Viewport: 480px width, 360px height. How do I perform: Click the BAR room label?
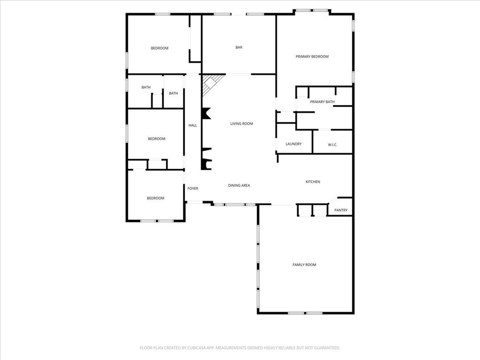pyautogui.click(x=239, y=47)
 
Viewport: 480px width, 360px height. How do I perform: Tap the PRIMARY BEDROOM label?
pyautogui.click(x=312, y=56)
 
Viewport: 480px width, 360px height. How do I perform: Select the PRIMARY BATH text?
pyautogui.click(x=322, y=102)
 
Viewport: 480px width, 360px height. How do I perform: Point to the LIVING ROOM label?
pyautogui.click(x=241, y=124)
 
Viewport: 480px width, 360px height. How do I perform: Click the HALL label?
pyautogui.click(x=193, y=125)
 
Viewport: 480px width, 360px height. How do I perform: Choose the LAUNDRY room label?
pyautogui.click(x=293, y=144)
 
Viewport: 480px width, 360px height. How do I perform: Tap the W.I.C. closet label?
pyautogui.click(x=333, y=144)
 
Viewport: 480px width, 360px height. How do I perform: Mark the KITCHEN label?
pyautogui.click(x=313, y=182)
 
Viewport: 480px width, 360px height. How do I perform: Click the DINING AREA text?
pyautogui.click(x=239, y=186)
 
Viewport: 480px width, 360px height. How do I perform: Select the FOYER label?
pyautogui.click(x=193, y=188)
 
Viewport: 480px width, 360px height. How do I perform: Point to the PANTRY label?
pyautogui.click(x=341, y=210)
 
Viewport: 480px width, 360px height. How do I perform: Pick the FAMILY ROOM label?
pyautogui.click(x=304, y=265)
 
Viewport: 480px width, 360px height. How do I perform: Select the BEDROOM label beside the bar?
pyautogui.click(x=159, y=48)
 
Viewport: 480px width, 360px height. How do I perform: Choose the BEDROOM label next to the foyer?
pyautogui.click(x=156, y=198)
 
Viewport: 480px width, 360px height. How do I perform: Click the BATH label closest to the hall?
pyautogui.click(x=173, y=93)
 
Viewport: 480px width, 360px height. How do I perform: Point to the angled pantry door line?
pyautogui.click(x=332, y=201)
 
